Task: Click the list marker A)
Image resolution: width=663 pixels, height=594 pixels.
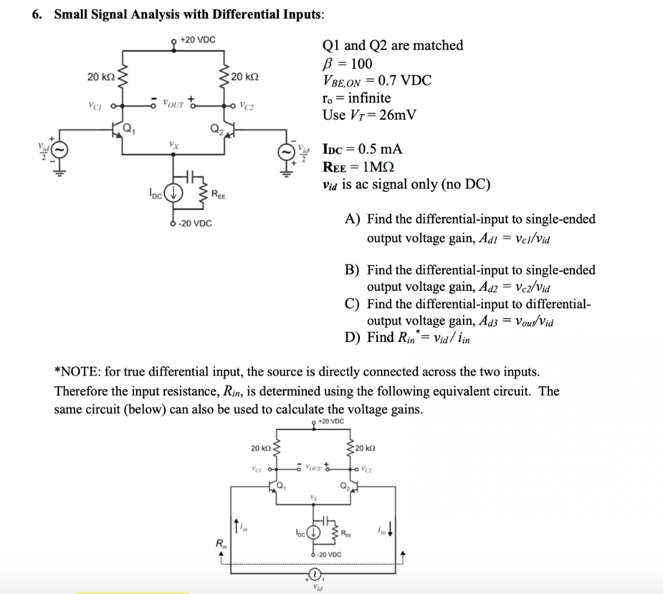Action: pos(354,220)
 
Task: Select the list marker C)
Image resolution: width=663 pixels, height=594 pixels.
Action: pos(354,304)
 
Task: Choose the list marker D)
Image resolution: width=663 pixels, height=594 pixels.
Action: pos(354,337)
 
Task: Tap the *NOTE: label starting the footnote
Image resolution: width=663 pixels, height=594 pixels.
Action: pos(75,372)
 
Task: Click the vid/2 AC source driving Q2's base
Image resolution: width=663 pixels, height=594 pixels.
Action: pos(285,152)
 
